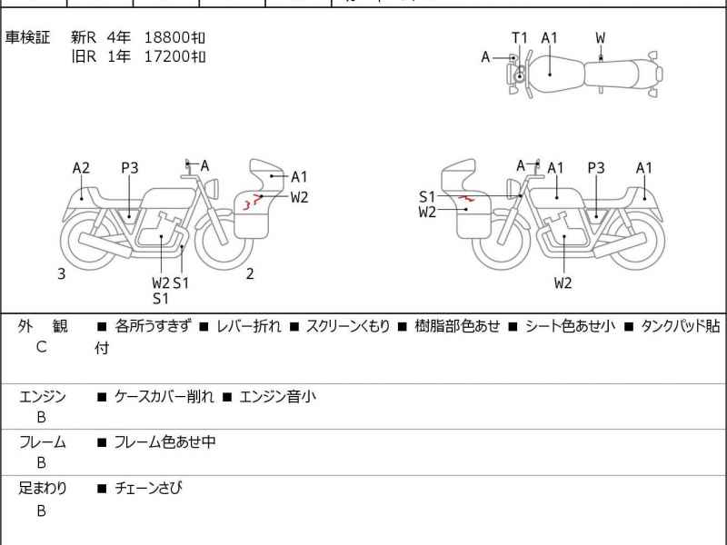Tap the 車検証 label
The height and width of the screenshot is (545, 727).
click(x=28, y=37)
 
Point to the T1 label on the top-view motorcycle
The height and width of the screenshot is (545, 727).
click(x=519, y=37)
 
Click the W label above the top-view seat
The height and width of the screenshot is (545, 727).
click(x=601, y=37)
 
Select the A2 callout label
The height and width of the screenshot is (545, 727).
click(x=81, y=167)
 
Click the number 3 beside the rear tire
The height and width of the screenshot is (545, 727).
click(x=61, y=273)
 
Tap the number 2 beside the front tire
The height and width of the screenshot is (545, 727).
click(x=250, y=273)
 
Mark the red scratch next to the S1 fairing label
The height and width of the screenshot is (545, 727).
click(x=465, y=197)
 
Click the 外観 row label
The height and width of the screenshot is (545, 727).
click(x=42, y=326)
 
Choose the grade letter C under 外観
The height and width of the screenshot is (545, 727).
click(x=41, y=347)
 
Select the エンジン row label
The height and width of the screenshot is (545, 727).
click(x=42, y=396)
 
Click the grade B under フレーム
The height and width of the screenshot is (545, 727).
click(x=41, y=462)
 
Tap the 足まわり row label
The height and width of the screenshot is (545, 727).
click(x=42, y=488)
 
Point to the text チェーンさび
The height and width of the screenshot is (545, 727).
click(x=149, y=488)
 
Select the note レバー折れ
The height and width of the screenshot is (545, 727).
click(x=248, y=326)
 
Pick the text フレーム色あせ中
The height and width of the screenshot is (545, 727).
click(x=164, y=442)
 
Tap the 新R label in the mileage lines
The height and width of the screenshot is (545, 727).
click(x=84, y=37)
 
